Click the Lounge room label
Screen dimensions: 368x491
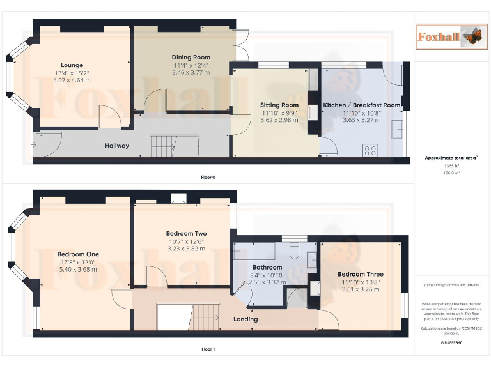pyautogui.click(x=72, y=65)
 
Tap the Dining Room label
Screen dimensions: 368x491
pyautogui.click(x=191, y=57)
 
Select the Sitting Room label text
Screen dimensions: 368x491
pyautogui.click(x=279, y=105)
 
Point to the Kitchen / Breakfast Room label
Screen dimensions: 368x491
pyautogui.click(x=361, y=105)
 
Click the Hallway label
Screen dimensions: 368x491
pyautogui.click(x=117, y=146)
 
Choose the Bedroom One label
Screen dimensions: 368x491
pyautogui.click(x=78, y=254)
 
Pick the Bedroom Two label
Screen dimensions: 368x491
pyautogui.click(x=186, y=234)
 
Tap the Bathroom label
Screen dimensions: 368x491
pyautogui.click(x=267, y=267)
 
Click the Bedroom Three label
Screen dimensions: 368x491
pyautogui.click(x=361, y=275)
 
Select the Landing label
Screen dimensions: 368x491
pyautogui.click(x=245, y=319)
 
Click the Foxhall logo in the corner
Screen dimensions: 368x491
pyautogui.click(x=448, y=36)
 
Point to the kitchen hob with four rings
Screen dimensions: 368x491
pyautogui.click(x=370, y=151)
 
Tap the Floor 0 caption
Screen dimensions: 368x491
pyautogui.click(x=208, y=177)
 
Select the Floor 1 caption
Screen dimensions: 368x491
pyautogui.click(x=208, y=349)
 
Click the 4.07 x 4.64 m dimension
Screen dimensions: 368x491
pyautogui.click(x=72, y=80)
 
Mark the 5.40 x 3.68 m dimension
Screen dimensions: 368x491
pyautogui.click(x=78, y=269)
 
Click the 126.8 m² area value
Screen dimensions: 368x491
pyautogui.click(x=452, y=172)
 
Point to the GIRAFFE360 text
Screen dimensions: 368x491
pyautogui.click(x=451, y=343)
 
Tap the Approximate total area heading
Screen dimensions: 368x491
pyautogui.click(x=451, y=157)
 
